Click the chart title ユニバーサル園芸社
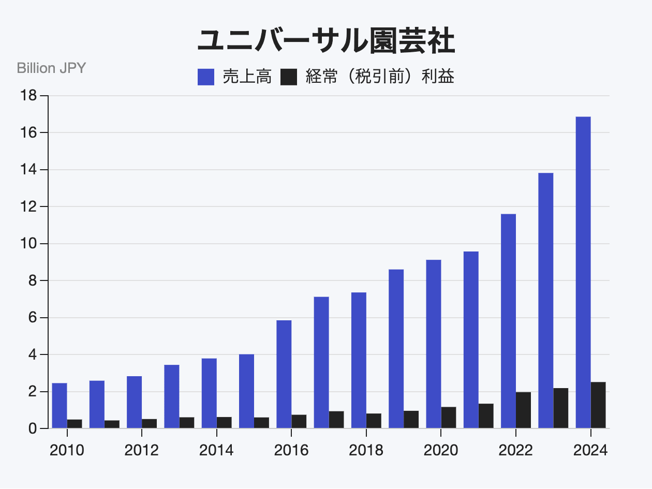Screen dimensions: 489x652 [326, 41]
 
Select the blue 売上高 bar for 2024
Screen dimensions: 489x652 [583, 272]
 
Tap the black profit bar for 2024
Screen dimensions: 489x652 [598, 405]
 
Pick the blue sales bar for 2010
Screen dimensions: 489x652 [60, 405]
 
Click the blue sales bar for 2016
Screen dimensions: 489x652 [284, 374]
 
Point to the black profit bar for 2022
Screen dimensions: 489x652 [523, 410]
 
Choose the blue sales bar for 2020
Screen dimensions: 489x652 [434, 344]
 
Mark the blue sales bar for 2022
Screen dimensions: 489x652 [508, 321]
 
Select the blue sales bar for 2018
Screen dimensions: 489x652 [359, 360]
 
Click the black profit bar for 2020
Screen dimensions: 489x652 [449, 417]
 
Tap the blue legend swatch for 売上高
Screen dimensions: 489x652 [206, 77]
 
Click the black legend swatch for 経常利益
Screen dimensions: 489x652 [289, 77]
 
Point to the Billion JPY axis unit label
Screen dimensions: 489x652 [51, 68]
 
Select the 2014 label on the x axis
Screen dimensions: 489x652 [216, 450]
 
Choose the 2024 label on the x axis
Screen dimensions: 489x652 [590, 450]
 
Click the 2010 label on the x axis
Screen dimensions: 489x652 [67, 450]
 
